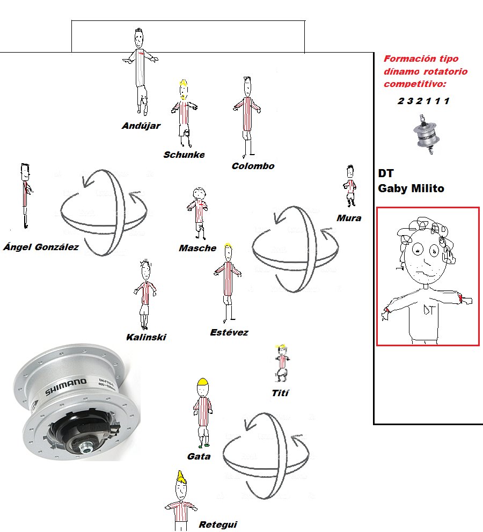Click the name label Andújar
point(141,126)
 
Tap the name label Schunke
point(184,155)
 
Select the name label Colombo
point(253,166)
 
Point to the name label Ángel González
point(41,246)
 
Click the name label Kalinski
point(146,337)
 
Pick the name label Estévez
point(229,332)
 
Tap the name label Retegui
point(218,524)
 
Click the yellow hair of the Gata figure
point(202,382)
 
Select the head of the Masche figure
point(200,193)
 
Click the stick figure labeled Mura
point(350,186)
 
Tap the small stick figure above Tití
point(282,363)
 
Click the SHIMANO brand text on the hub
point(66,387)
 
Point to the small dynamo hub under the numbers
point(426,134)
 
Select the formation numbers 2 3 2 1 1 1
point(423,101)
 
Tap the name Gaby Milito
point(411,188)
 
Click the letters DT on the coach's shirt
point(428,309)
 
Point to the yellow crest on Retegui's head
point(181,477)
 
